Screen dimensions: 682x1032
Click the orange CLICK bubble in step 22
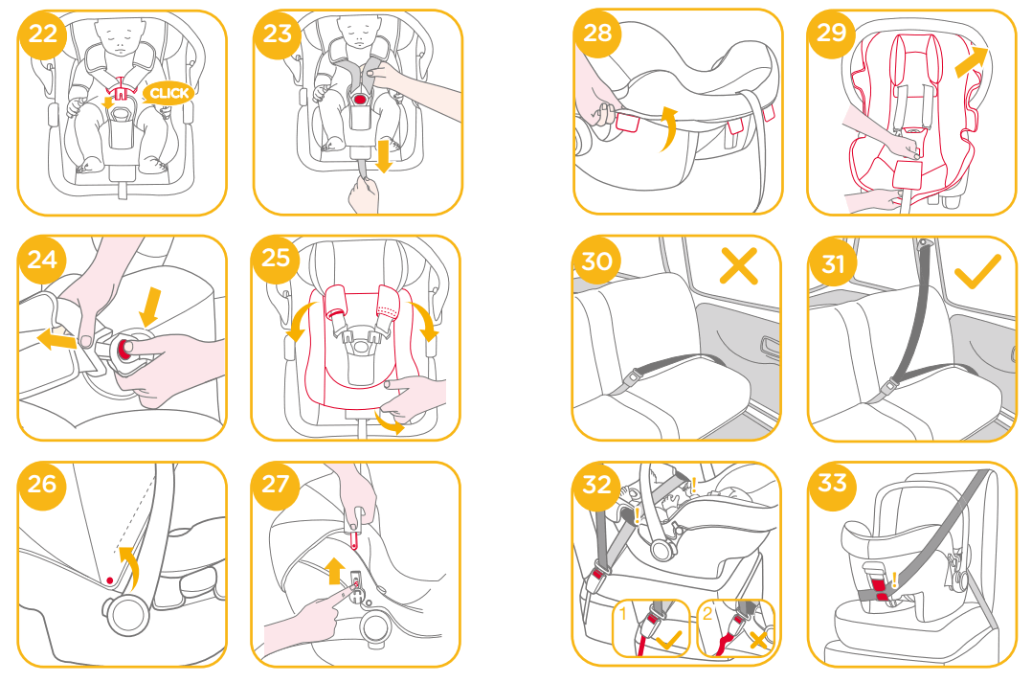[168, 93]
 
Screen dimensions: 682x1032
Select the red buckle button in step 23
[361, 99]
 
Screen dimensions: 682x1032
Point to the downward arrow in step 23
[384, 156]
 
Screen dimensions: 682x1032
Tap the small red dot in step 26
[111, 580]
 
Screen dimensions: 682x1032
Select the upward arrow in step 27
[335, 572]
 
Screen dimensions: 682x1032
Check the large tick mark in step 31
[978, 272]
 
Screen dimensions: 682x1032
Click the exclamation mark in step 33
[895, 579]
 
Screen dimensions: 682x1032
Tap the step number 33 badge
[832, 482]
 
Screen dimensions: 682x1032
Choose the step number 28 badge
[596, 33]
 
